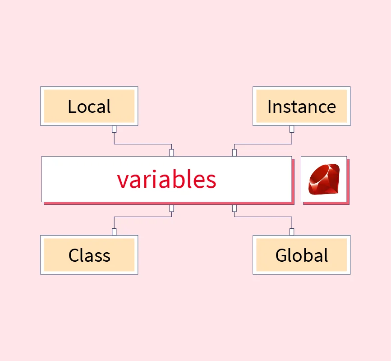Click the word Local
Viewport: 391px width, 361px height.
[89, 106]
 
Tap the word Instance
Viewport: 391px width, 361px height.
[301, 106]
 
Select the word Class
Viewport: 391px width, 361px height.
[89, 255]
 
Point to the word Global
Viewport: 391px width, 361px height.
[301, 255]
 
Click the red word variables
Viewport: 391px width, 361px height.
[166, 179]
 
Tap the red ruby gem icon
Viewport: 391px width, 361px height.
[324, 179]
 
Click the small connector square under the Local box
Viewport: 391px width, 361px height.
[114, 129]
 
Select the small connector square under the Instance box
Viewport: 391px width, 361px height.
[292, 129]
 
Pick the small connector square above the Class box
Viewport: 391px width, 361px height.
[114, 232]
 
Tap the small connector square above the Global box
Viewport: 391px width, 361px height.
[292, 232]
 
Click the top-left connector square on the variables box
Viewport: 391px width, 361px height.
[171, 153]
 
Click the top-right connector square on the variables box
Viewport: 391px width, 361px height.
[235, 153]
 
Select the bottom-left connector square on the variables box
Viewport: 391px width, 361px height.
[171, 208]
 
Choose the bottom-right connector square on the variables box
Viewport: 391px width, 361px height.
[235, 208]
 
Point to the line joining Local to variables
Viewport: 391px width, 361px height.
[143, 144]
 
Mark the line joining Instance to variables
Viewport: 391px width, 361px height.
[263, 144]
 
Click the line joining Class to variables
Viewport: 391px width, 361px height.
[143, 217]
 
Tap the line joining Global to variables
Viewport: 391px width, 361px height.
[263, 217]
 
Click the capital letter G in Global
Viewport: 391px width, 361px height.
[281, 255]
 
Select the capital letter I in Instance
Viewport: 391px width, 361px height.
[269, 106]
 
